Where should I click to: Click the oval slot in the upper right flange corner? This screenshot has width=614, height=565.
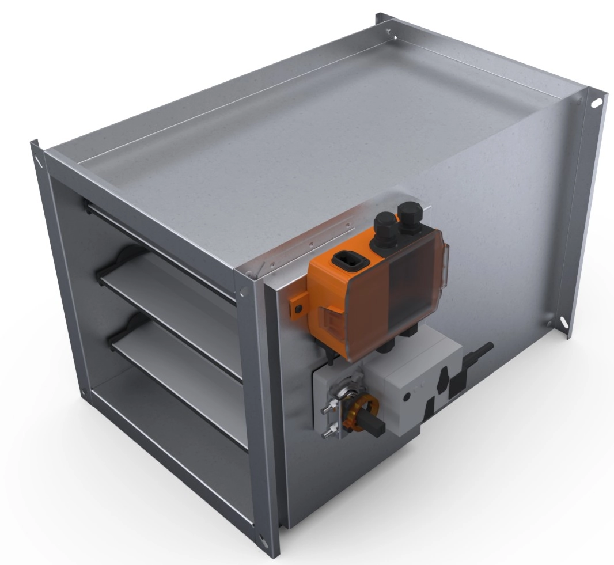coord(597,103)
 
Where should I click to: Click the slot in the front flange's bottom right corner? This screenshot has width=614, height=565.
coord(264,539)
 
